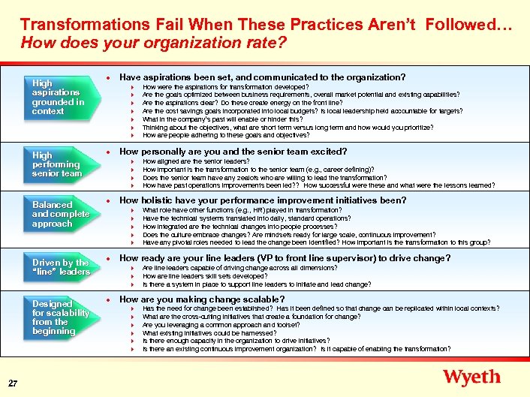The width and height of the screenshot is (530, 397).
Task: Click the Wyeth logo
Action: click(x=471, y=377)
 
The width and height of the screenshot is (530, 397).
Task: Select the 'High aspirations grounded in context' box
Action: click(x=60, y=98)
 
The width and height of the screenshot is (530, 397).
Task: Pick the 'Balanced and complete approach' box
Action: click(x=60, y=214)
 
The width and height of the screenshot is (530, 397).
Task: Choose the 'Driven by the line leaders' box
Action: click(x=60, y=267)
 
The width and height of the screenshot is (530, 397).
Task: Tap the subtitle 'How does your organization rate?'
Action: click(x=153, y=43)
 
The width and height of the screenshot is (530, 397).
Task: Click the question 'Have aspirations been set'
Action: click(x=263, y=77)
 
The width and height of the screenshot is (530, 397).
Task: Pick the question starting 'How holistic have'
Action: click(x=263, y=200)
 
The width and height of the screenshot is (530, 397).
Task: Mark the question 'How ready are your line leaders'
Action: click(x=285, y=258)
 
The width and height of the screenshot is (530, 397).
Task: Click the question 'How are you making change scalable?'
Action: click(x=202, y=299)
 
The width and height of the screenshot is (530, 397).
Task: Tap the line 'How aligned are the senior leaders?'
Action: click(x=196, y=161)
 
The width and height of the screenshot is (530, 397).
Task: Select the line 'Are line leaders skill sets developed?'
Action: click(x=204, y=276)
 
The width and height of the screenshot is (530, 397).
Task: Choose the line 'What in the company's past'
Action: click(x=222, y=119)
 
